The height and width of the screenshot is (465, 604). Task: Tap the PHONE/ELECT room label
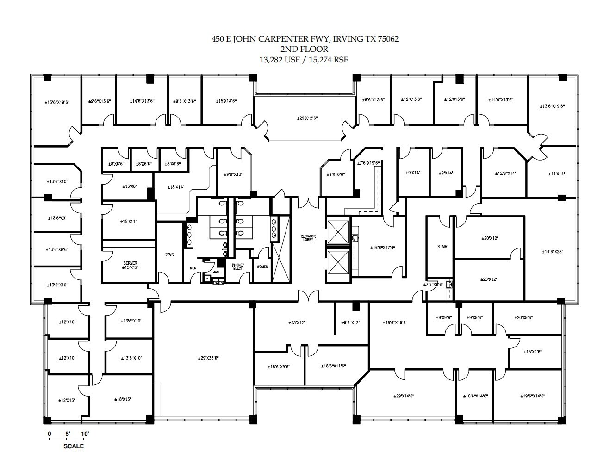237,267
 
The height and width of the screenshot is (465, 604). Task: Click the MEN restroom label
193,268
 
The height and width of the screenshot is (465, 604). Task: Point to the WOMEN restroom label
262,267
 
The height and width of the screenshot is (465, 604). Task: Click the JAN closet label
216,273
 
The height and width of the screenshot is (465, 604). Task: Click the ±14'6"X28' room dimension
554,252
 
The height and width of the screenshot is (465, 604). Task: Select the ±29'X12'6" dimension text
307,118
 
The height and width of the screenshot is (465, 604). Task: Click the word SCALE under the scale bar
74,446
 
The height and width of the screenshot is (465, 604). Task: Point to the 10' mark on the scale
85,434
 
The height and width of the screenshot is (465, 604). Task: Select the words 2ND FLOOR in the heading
305,49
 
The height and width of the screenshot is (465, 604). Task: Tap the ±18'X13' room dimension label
122,398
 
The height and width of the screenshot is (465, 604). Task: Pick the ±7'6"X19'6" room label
368,163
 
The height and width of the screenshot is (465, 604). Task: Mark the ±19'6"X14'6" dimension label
533,396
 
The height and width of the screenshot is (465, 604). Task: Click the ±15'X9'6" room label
532,352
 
